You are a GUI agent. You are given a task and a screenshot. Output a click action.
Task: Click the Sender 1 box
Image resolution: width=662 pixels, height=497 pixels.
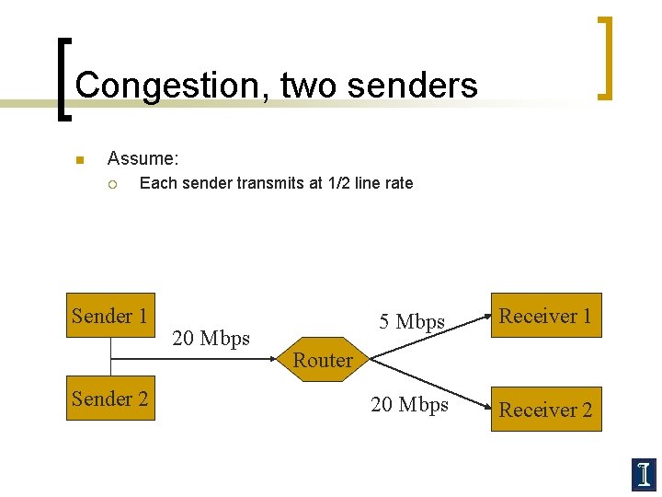(110, 316)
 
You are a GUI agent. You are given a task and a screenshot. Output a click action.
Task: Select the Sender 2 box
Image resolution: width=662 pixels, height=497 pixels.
(110, 399)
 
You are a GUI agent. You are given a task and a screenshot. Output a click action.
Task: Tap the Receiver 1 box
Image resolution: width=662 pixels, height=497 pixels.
(545, 316)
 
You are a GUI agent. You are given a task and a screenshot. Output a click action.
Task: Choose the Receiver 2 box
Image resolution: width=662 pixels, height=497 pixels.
(545, 410)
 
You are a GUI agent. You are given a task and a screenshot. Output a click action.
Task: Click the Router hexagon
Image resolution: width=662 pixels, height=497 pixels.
(323, 360)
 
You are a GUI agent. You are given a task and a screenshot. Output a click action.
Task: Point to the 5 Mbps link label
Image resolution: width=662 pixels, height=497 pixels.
(412, 322)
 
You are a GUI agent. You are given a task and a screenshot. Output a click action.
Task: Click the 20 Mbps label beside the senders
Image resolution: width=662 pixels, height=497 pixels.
(211, 339)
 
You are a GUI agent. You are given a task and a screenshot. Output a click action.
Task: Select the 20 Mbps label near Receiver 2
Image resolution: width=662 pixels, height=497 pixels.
(409, 405)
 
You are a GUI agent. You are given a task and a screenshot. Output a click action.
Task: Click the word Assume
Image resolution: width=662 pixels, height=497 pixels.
(143, 159)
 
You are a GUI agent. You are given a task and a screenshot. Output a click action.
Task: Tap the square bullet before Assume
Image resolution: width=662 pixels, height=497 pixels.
(79, 160)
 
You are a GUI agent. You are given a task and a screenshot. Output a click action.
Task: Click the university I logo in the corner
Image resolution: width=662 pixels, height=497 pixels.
(645, 474)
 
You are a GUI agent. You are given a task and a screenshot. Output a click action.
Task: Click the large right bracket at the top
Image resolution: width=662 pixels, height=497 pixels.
(604, 57)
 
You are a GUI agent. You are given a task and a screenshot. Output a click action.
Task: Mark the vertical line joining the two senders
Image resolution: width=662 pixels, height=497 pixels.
(110, 357)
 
